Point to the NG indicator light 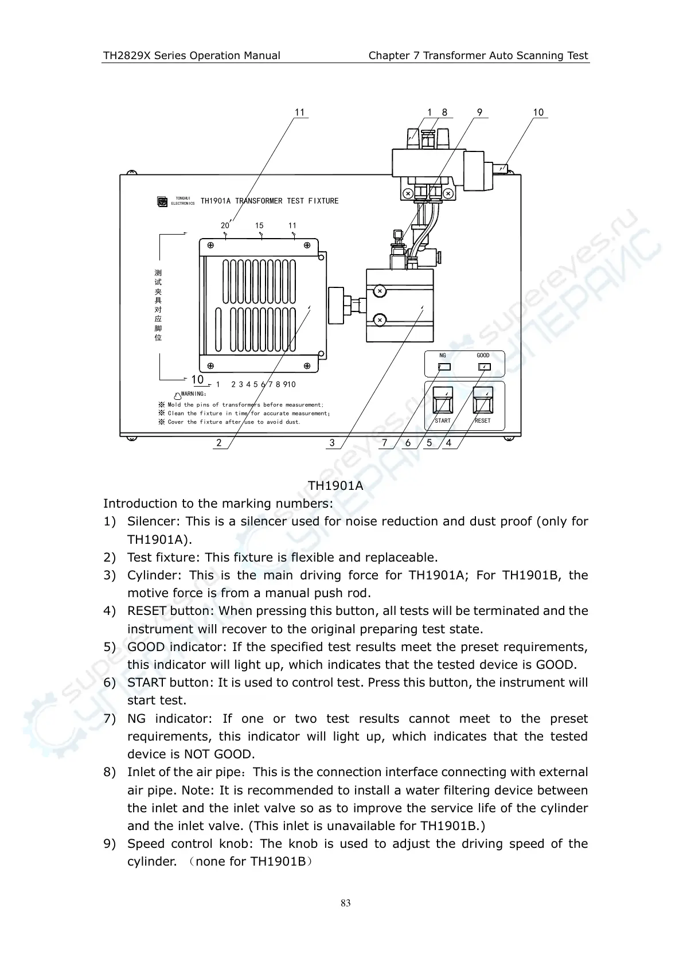point(444,367)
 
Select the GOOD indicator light point(484,367)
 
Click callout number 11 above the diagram point(299,112)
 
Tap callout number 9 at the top point(479,112)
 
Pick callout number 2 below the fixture point(219,443)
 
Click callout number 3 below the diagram point(332,443)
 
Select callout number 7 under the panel point(384,443)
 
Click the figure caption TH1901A point(335,485)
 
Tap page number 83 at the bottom point(345,903)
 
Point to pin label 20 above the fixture point(225,225)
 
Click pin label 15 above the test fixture point(259,225)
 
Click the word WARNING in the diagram point(193,394)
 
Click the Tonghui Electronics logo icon point(162,201)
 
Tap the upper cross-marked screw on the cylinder point(380,291)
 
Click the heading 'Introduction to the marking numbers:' point(218,504)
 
